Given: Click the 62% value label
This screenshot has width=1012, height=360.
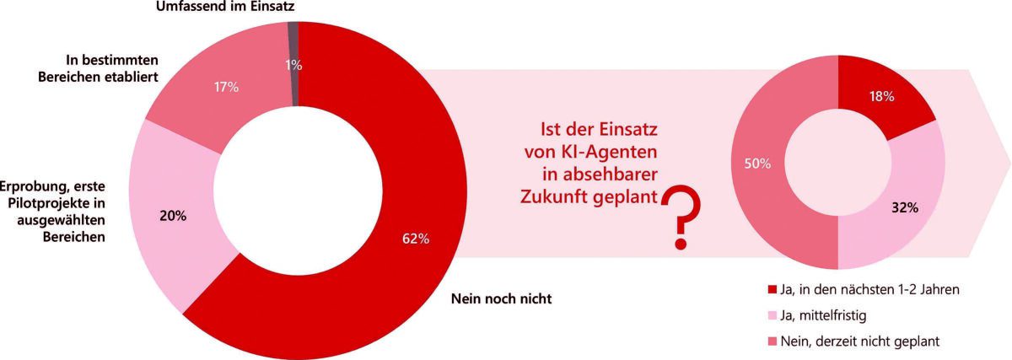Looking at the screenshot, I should coord(416,239).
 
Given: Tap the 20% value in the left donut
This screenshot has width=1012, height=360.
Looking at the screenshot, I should coord(173,215).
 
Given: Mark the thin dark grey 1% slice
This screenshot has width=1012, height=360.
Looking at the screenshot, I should coord(293,34).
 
